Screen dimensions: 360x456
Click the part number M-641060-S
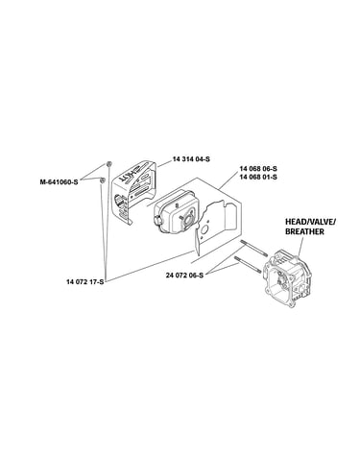click(x=59, y=182)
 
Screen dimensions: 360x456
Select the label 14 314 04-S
click(x=191, y=159)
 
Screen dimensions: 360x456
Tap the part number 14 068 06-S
click(x=258, y=169)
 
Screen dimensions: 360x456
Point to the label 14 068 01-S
click(x=258, y=177)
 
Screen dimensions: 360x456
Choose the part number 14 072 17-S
click(x=85, y=282)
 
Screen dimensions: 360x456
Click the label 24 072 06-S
click(x=184, y=275)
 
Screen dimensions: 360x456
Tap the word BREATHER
click(x=304, y=231)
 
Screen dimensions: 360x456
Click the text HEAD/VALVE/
click(x=310, y=222)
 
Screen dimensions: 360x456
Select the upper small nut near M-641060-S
click(x=108, y=164)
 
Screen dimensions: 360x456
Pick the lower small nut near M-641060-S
click(x=103, y=180)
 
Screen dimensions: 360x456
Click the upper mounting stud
click(x=253, y=249)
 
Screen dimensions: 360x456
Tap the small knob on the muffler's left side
click(x=156, y=220)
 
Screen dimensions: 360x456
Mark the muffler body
click(x=175, y=212)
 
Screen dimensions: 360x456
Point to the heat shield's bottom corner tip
click(x=131, y=224)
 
